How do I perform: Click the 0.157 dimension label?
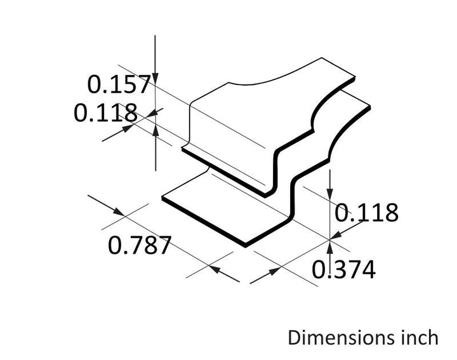tap(119, 84)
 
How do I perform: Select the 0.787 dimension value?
tap(139, 246)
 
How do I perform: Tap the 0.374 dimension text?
tap(343, 270)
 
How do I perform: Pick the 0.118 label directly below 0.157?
tap(105, 112)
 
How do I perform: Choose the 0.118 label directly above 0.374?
tap(366, 213)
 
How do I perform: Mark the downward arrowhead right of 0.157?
tap(156, 78)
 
